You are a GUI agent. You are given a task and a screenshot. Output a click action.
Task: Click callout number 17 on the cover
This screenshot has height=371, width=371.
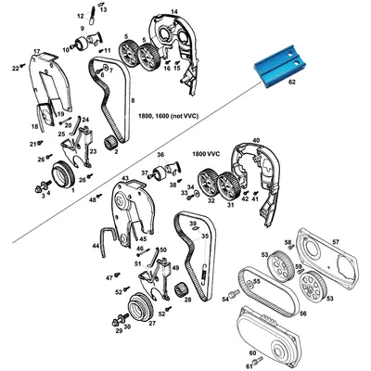pyautogui.click(x=36, y=51)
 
